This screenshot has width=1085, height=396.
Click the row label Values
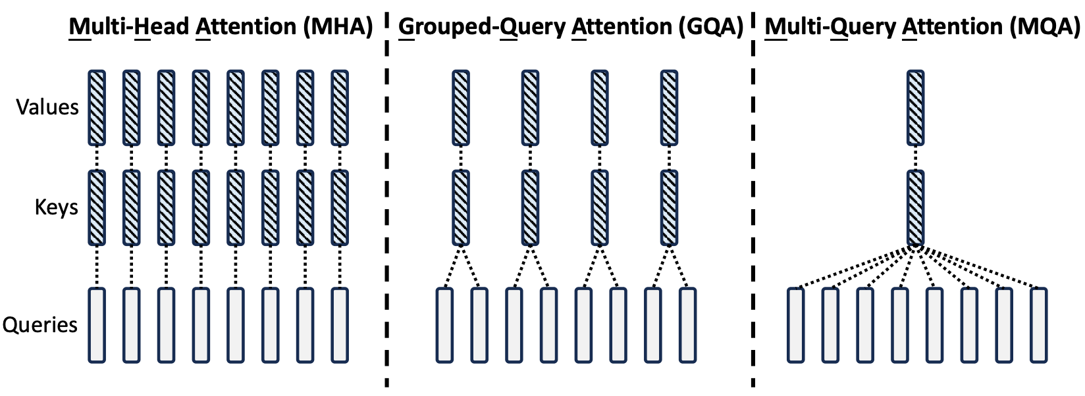tap(47, 107)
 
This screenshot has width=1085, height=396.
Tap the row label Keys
tap(56, 208)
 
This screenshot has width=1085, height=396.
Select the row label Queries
tap(40, 325)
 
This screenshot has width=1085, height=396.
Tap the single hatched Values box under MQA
tap(915, 107)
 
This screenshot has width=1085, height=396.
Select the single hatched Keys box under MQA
tap(915, 208)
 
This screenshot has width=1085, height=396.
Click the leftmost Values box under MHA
tap(97, 107)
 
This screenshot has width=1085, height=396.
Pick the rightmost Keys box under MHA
tap(339, 208)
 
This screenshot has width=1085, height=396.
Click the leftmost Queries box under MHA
tap(97, 325)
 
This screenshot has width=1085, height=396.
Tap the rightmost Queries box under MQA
tap(1038, 325)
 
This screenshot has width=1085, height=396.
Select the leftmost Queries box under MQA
tap(796, 325)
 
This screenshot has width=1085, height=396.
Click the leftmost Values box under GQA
tap(461, 107)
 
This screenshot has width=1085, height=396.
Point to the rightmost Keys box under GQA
tap(669, 208)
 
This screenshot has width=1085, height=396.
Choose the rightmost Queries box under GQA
tap(687, 325)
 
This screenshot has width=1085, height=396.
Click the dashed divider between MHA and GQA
tap(386, 197)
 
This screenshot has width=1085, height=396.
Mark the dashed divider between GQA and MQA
tap(753, 197)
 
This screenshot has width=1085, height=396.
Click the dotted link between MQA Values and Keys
tap(915, 157)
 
